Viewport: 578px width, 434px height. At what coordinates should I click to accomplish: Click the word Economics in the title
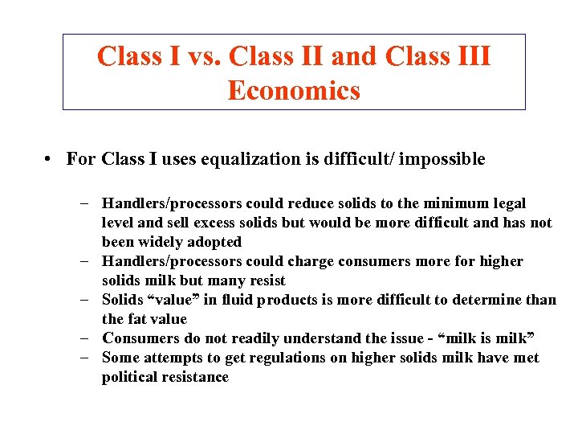tap(294, 91)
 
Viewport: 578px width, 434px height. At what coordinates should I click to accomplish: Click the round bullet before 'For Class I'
tap(50, 159)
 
